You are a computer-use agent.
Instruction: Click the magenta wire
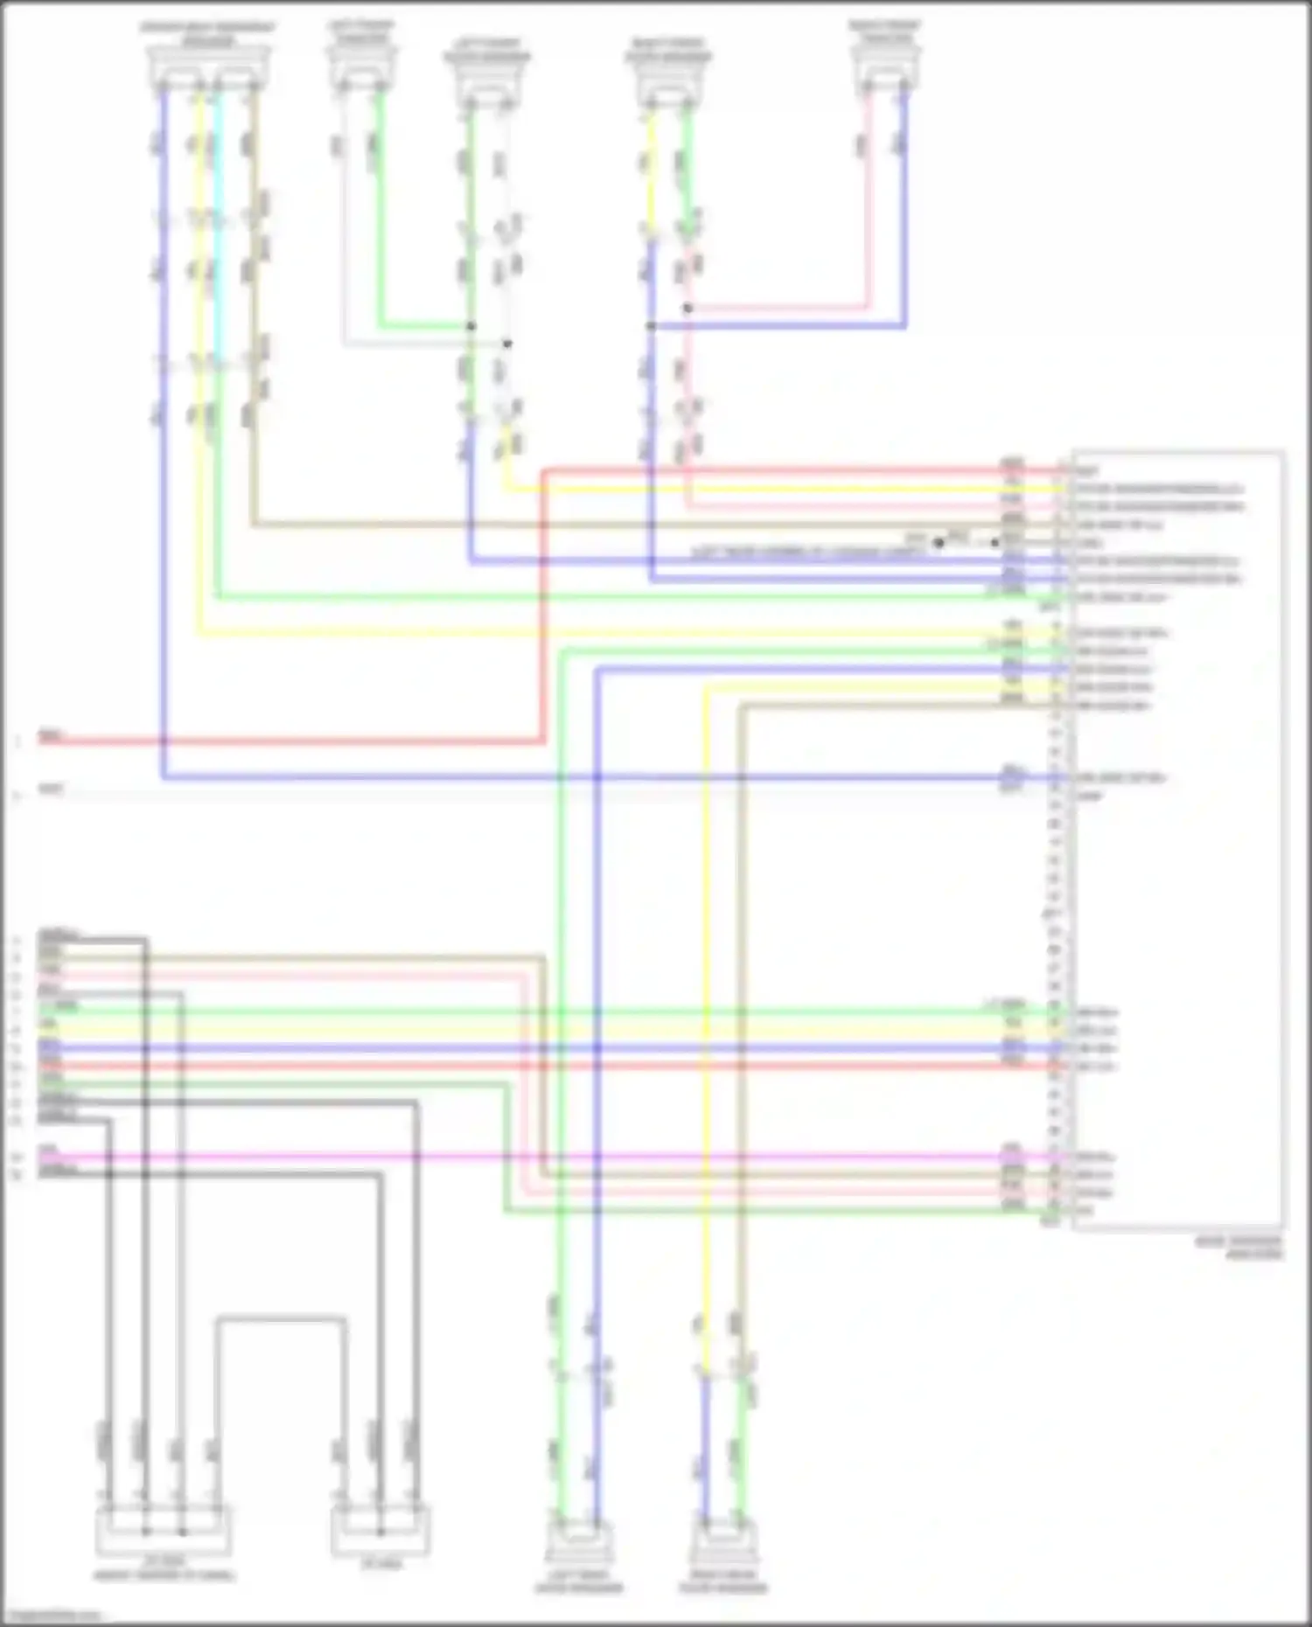coord(612,1158)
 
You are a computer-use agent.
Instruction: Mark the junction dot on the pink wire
coord(687,308)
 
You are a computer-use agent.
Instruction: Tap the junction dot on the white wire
coord(506,344)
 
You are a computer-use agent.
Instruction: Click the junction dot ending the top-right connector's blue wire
coord(651,326)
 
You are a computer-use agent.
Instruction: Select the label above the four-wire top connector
coord(208,33)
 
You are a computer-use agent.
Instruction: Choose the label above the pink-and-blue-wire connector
coord(885,31)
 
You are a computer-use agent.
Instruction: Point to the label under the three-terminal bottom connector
coord(381,1564)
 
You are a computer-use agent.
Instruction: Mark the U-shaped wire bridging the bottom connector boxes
coord(280,1318)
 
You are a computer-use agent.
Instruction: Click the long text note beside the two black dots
coord(796,553)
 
